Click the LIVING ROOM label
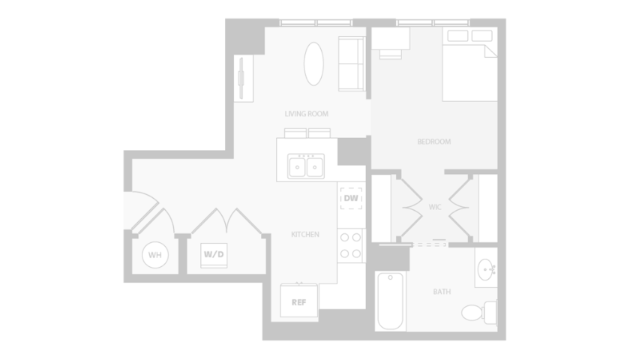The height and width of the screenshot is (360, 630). click(x=306, y=114)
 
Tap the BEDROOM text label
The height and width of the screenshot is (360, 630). click(x=434, y=142)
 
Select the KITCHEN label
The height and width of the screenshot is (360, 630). click(x=305, y=234)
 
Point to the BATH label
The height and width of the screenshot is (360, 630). click(x=442, y=292)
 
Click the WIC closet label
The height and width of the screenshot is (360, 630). click(x=435, y=207)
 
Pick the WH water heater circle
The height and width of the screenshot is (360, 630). click(x=155, y=255)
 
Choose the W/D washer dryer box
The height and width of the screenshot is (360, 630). click(x=214, y=255)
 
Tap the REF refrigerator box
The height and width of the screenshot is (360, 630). click(x=299, y=301)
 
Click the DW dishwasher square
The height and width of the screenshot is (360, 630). click(x=351, y=198)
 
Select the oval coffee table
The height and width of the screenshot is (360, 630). click(x=313, y=64)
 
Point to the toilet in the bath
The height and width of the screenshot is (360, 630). click(x=479, y=312)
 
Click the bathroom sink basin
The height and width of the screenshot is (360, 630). click(x=486, y=269)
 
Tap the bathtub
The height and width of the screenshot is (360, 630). click(x=390, y=301)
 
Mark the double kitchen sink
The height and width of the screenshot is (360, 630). click(x=306, y=166)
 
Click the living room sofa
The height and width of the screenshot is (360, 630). click(x=352, y=64)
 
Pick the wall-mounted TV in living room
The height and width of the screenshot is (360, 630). click(x=241, y=78)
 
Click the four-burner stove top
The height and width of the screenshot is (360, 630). click(x=350, y=245)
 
